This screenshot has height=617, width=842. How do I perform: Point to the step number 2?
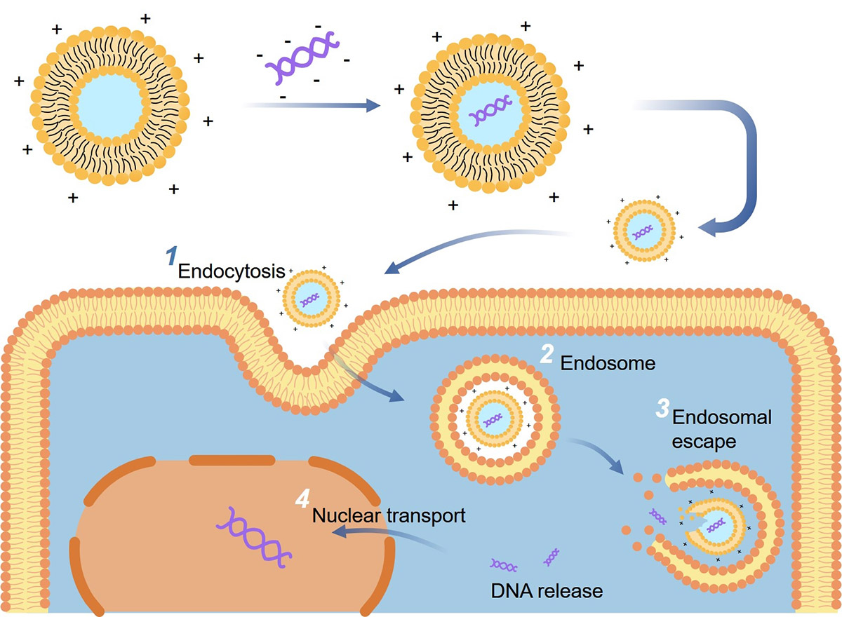click(x=547, y=355)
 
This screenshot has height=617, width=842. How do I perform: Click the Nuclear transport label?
click(x=389, y=516)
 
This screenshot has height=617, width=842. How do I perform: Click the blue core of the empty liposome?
click(x=109, y=105)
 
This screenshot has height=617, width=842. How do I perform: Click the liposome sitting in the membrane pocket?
click(x=311, y=299)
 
